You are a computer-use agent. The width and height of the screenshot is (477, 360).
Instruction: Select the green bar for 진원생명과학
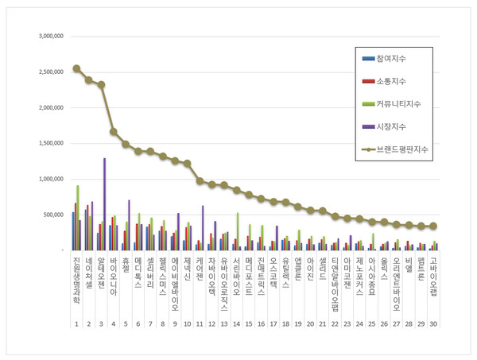point(78,219)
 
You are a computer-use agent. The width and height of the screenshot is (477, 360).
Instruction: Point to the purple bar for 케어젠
point(203,228)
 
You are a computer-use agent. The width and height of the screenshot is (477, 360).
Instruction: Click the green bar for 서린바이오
point(237,231)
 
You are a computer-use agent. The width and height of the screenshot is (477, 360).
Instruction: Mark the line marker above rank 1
point(76,68)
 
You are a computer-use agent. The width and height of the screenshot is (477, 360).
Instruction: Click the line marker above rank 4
point(114,132)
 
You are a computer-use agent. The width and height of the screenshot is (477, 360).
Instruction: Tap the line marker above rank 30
point(433,226)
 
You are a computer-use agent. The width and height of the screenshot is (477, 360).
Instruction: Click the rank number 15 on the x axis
point(248,324)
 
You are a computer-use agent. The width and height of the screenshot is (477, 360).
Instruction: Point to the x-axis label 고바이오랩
point(433,277)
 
